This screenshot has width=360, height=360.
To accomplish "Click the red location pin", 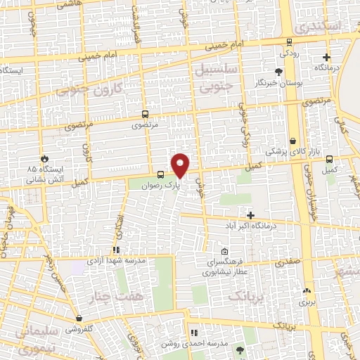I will pyautogui.click(x=181, y=165).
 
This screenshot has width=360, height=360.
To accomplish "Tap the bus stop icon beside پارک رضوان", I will pyautogui.click(x=161, y=175).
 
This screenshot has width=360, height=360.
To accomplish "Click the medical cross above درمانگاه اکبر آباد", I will pyautogui.click(x=251, y=214).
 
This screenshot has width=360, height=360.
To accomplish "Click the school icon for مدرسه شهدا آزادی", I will pyautogui.click(x=116, y=249).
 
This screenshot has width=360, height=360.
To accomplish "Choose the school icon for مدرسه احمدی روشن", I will pyautogui.click(x=193, y=332).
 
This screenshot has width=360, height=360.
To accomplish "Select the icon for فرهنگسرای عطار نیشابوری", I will pyautogui.click(x=224, y=252).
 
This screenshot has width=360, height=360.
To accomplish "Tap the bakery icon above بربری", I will pyautogui.click(x=306, y=290).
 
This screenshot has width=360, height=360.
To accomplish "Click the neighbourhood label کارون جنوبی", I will pyautogui.click(x=97, y=89).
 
